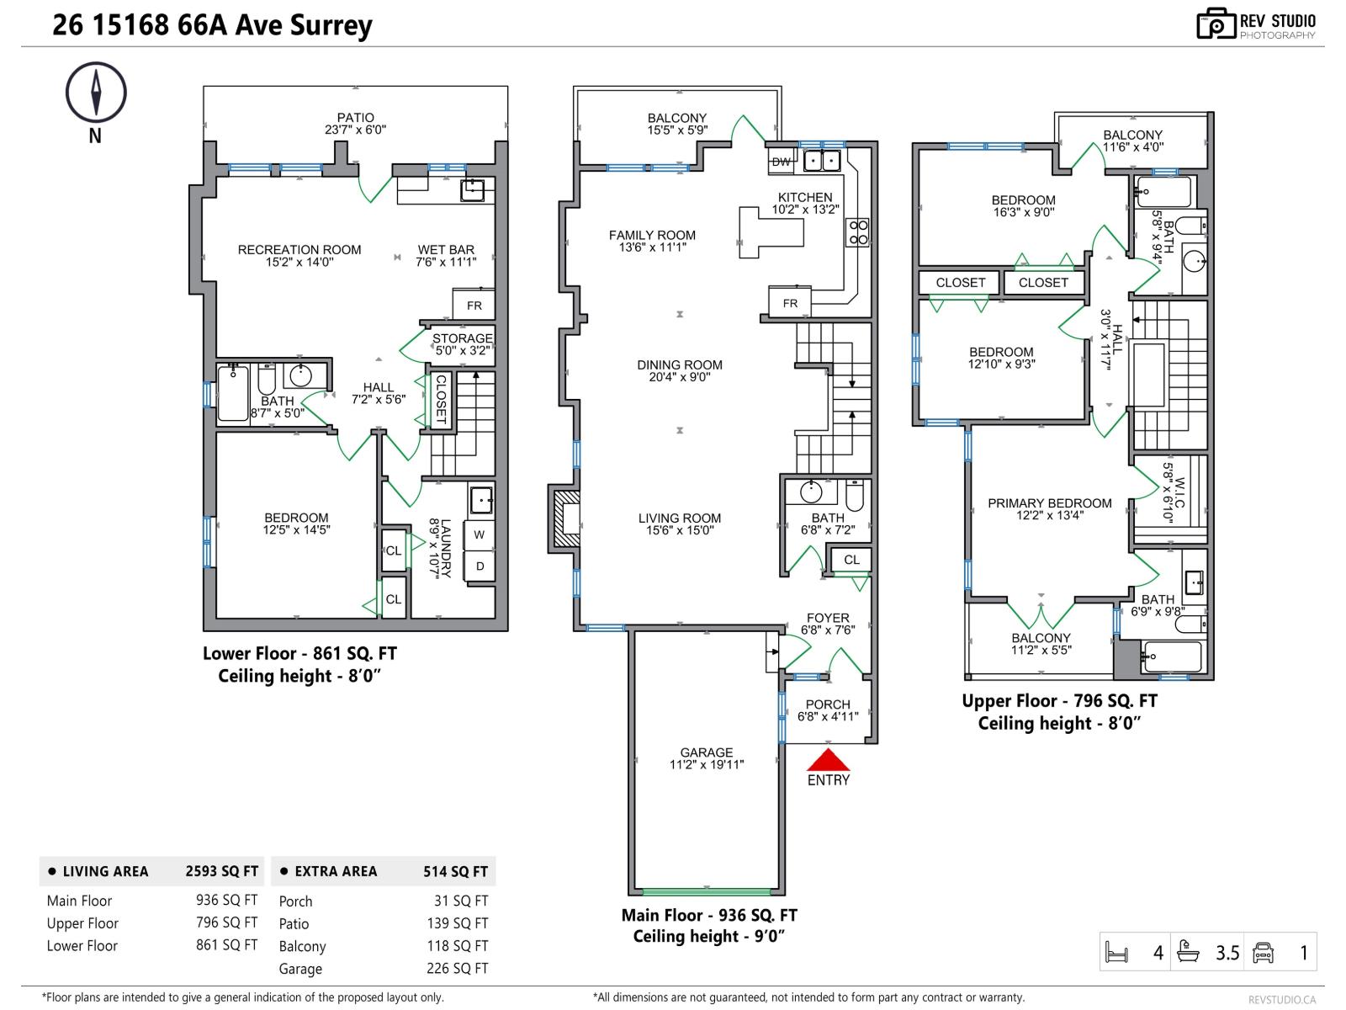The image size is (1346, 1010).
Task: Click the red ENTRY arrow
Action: click(x=829, y=761)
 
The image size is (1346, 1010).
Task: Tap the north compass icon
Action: click(x=96, y=93)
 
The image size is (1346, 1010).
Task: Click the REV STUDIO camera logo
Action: click(x=1216, y=24)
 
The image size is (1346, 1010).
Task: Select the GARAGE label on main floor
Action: click(x=707, y=752)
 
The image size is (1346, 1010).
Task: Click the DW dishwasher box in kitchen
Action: click(x=781, y=162)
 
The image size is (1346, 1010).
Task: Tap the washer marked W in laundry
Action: click(x=479, y=534)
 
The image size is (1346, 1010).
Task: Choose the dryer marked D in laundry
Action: click(x=480, y=566)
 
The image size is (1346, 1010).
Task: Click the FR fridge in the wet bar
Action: click(x=474, y=306)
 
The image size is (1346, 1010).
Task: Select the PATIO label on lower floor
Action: click(x=355, y=118)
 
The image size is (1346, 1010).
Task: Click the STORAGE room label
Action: click(x=462, y=338)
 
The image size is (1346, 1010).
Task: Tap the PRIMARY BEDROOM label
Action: click(x=1049, y=503)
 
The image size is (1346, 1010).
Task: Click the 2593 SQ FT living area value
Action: click(x=221, y=872)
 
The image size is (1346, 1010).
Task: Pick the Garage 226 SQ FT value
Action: click(x=457, y=969)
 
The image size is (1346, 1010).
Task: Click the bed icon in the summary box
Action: click(x=1116, y=953)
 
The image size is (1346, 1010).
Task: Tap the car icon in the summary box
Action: click(x=1264, y=953)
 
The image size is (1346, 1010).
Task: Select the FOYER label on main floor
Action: click(x=828, y=618)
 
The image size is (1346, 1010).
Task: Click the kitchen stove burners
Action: click(x=857, y=232)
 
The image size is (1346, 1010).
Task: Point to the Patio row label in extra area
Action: click(x=294, y=924)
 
